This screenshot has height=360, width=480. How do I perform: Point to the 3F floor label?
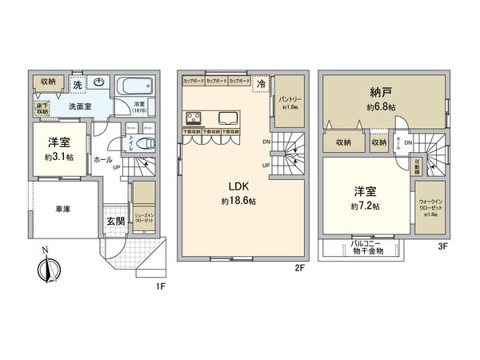coord(442,246)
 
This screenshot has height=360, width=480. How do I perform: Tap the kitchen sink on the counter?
coord(227,113)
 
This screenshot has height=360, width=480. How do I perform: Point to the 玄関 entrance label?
coord(115,222)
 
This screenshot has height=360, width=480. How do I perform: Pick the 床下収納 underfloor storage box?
coord(38,106)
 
